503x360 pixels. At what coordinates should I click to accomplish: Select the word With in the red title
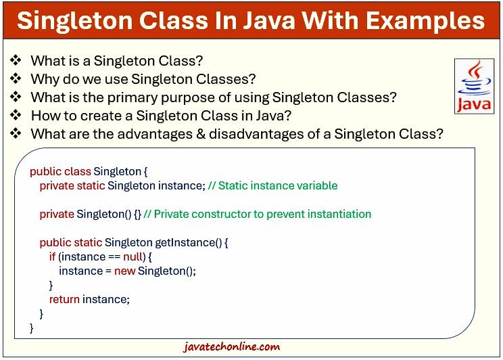pos(331,20)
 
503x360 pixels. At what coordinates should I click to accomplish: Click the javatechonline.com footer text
pos(231,347)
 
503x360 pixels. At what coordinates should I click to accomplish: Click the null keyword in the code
pos(133,256)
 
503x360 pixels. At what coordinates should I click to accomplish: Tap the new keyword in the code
pos(124,271)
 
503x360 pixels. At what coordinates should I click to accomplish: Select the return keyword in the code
pos(64,299)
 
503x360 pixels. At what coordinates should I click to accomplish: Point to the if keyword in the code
pos(53,256)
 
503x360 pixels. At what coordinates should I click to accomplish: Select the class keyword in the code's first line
pos(77,171)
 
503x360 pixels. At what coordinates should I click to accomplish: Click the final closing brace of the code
pos(32,328)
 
